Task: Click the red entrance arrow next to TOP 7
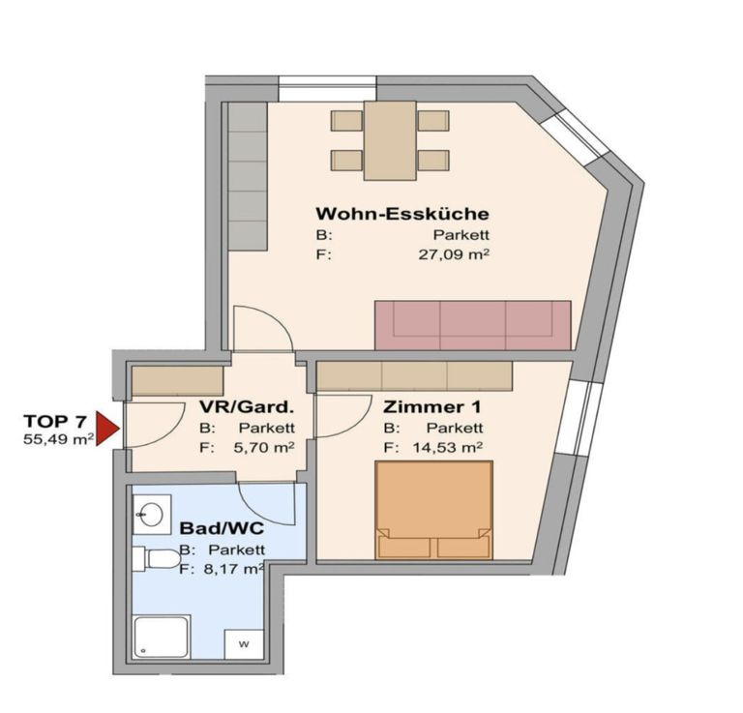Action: (x=106, y=429)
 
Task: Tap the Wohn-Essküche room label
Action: (x=402, y=214)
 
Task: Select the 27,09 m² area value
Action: (x=454, y=254)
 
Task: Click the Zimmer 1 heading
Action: (x=431, y=406)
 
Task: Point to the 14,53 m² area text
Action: (x=447, y=447)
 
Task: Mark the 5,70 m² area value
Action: (x=264, y=448)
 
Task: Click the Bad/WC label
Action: (x=222, y=528)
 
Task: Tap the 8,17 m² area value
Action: (x=233, y=569)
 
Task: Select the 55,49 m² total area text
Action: (x=58, y=439)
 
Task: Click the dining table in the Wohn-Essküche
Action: (x=390, y=140)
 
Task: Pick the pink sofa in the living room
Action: (x=473, y=325)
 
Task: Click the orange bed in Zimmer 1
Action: (x=434, y=510)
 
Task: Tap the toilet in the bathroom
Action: (x=157, y=558)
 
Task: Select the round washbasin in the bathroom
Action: (x=151, y=515)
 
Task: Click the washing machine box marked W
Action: (x=244, y=644)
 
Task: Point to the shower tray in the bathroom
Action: (x=162, y=637)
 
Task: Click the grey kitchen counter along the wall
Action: (x=248, y=176)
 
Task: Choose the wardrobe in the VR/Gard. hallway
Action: (x=177, y=380)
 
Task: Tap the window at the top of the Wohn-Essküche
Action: (x=327, y=89)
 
